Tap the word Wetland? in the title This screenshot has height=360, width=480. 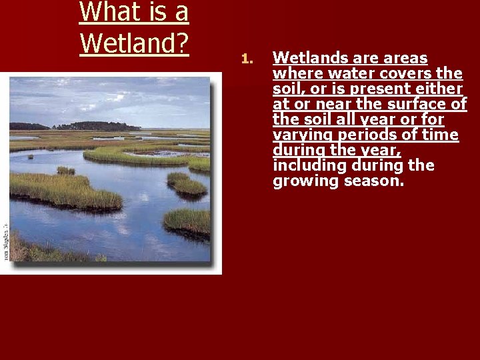click(x=134, y=43)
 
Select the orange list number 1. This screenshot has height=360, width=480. click(x=245, y=60)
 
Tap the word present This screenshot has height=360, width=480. click(x=375, y=89)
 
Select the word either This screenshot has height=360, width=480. click(x=441, y=89)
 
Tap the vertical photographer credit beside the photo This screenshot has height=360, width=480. click(x=5, y=240)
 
